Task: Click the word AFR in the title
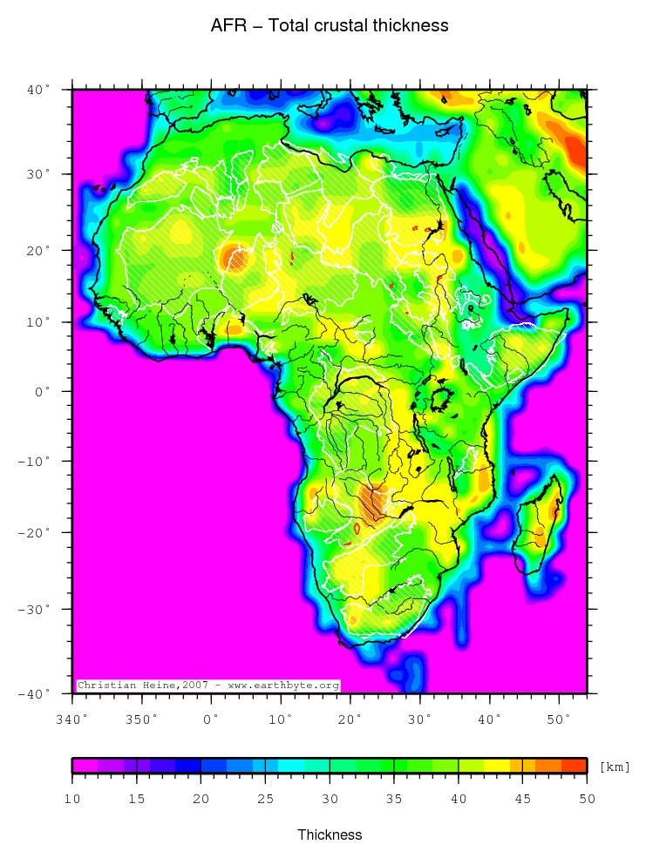[225, 26]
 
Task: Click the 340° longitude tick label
[71, 720]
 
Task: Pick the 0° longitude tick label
[211, 720]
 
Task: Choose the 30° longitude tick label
[420, 720]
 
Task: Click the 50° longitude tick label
[560, 720]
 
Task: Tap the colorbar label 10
[72, 799]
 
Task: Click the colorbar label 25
[265, 799]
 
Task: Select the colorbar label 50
[586, 799]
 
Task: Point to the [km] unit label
[615, 767]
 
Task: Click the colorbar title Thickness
[329, 834]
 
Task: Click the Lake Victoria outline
[442, 402]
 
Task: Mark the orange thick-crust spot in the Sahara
[234, 258]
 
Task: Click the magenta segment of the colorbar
[85, 766]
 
